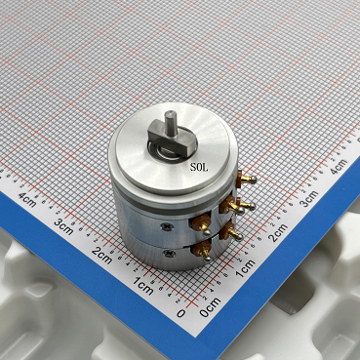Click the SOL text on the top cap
coord(199,168)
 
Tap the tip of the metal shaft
coord(171,114)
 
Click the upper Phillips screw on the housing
coord(167,226)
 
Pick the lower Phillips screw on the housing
coord(169,253)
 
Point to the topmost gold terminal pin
coord(247,179)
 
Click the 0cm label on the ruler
coord(211,307)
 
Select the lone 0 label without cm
coord(181,313)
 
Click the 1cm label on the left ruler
coord(143,286)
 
